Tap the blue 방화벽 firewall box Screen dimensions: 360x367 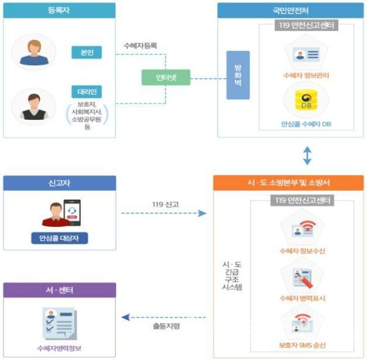(x=238, y=75)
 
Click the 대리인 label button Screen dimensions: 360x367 (x=86, y=92)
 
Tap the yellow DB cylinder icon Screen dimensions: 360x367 (x=305, y=100)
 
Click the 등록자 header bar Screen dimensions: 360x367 (x=59, y=10)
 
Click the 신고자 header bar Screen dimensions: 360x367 (x=59, y=183)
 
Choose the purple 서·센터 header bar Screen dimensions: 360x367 (x=59, y=290)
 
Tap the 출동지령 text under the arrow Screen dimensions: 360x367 (x=166, y=326)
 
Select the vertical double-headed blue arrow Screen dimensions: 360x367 (x=307, y=155)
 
